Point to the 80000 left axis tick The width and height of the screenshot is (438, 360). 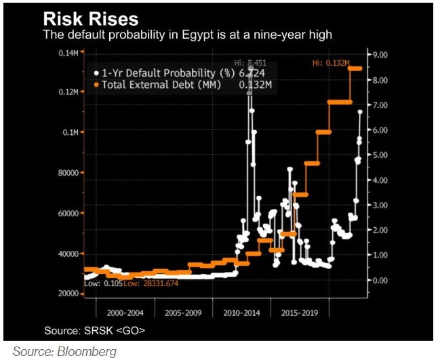68,172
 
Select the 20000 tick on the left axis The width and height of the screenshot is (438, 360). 68,293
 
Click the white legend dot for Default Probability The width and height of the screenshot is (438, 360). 96,73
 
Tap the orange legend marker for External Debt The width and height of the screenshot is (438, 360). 96,84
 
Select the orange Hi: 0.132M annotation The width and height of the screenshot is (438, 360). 330,63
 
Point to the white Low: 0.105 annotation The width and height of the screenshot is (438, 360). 104,283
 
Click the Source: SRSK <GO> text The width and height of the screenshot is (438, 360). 94,330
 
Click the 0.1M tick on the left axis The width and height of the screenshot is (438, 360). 71,132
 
